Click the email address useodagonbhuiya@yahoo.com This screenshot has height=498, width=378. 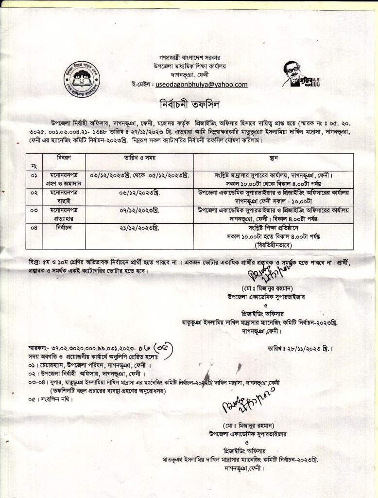point(201,85)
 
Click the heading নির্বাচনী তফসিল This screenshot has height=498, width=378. point(189,104)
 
